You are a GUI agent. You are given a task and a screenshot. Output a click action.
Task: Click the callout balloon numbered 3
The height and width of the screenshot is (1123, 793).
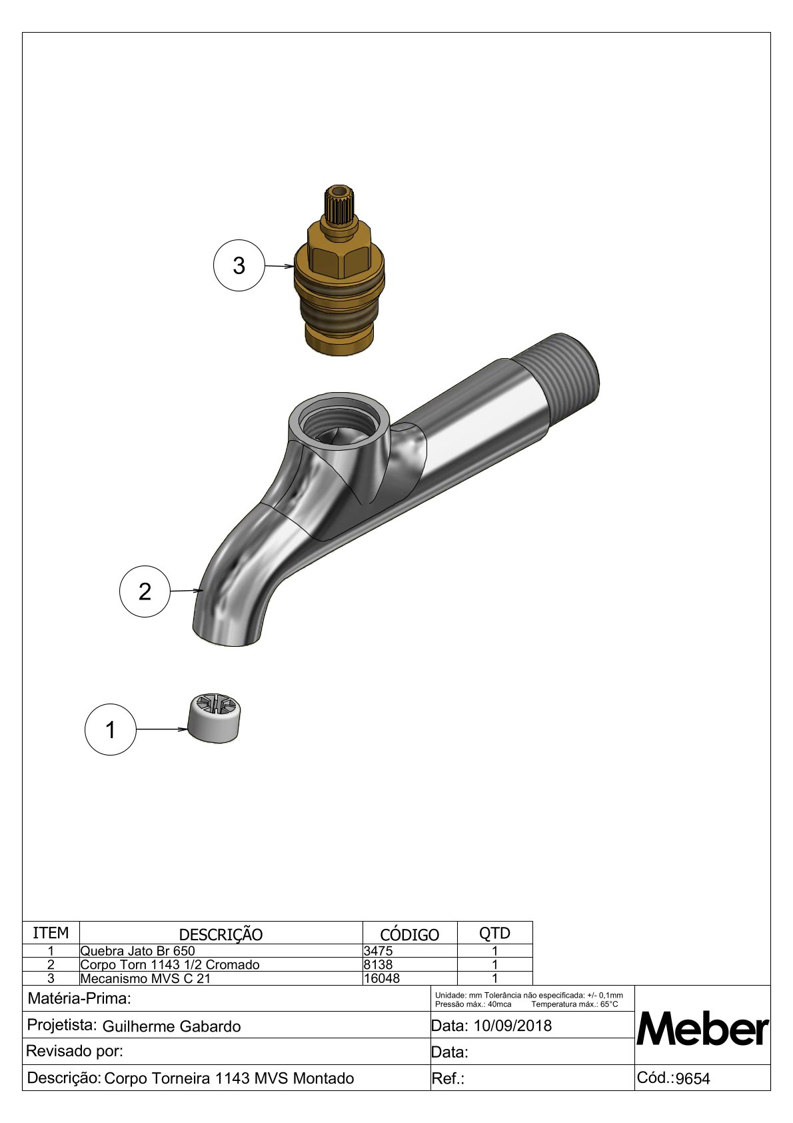[239, 265]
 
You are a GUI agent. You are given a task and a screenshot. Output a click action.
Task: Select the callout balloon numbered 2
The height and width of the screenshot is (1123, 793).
[145, 592]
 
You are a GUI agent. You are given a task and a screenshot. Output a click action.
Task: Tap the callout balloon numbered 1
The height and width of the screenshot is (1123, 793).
[111, 730]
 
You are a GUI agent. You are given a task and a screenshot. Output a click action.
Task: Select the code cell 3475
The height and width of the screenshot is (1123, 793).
[379, 950]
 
